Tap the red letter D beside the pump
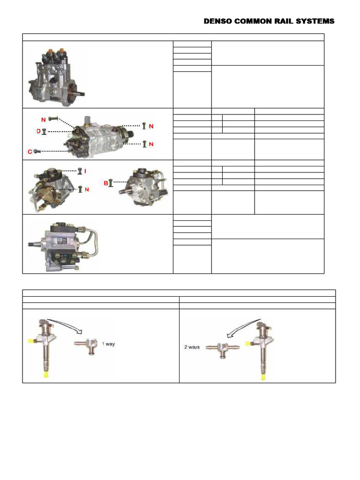click(x=39, y=132)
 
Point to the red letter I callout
click(x=85, y=172)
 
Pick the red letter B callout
click(x=105, y=182)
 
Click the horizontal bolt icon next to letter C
click(x=38, y=151)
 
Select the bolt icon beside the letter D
click(x=44, y=132)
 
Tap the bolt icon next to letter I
click(x=80, y=172)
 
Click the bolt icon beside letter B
click(x=111, y=182)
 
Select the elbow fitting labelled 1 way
click(x=86, y=345)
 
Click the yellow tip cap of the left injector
click(x=45, y=375)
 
